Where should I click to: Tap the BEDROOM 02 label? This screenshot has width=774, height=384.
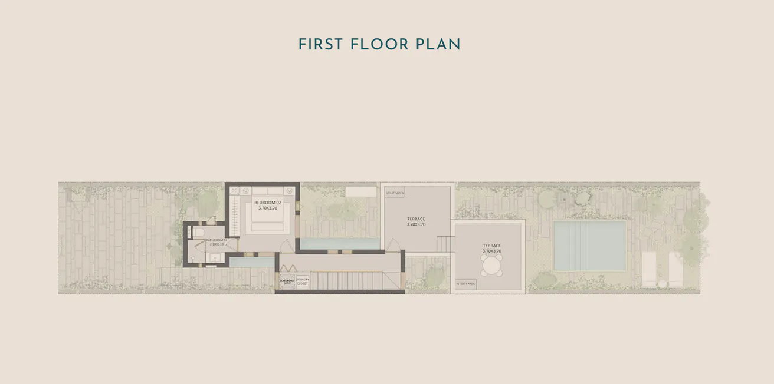[268, 203]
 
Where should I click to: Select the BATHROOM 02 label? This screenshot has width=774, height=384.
[216, 240]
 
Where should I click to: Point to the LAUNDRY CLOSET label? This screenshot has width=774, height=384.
[302, 282]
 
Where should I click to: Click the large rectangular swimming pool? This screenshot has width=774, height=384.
[589, 246]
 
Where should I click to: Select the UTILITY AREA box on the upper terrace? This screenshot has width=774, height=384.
[395, 193]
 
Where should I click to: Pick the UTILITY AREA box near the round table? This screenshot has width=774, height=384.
[465, 284]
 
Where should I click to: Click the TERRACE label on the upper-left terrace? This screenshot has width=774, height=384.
[416, 219]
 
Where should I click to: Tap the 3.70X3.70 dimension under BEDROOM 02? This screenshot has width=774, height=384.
[268, 208]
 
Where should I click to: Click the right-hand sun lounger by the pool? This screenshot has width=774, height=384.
[675, 269]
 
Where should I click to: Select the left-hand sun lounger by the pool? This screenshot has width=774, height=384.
[650, 269]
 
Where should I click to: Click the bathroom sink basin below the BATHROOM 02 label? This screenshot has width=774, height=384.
[215, 257]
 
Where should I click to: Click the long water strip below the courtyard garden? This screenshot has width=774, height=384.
[340, 243]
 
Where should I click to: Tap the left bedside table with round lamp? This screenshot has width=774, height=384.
[234, 191]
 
